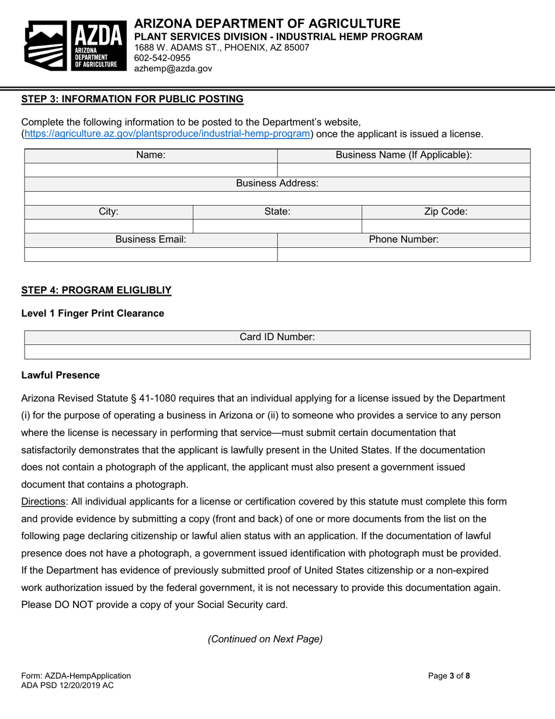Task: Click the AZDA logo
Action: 75,45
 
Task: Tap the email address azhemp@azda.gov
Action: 173,68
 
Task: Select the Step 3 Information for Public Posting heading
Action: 132,99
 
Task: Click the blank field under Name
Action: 151,170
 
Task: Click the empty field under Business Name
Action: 404,170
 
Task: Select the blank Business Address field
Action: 277,198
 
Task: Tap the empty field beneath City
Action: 109,226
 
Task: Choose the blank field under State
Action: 277,226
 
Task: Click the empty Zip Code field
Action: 446,226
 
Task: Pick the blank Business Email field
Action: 151,254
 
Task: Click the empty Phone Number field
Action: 404,254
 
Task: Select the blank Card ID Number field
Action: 277,352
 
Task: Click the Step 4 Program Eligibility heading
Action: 96,290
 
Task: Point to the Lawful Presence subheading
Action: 60,375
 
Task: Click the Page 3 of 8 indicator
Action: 449,676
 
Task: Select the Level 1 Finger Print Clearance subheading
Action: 92,313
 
